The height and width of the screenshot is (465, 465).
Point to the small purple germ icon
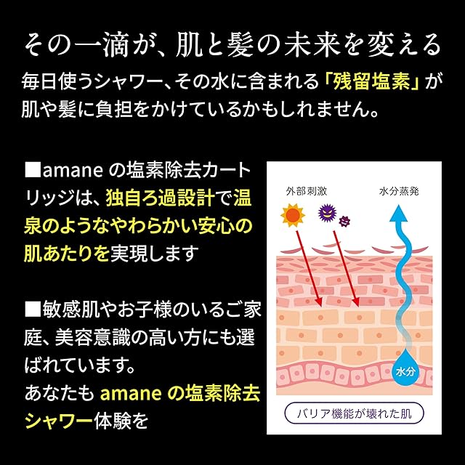(x=345, y=219)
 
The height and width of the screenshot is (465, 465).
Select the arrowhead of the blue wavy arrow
(x=398, y=213)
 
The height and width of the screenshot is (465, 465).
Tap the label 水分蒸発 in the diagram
(x=398, y=193)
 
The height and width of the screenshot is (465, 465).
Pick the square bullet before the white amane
(x=33, y=171)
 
